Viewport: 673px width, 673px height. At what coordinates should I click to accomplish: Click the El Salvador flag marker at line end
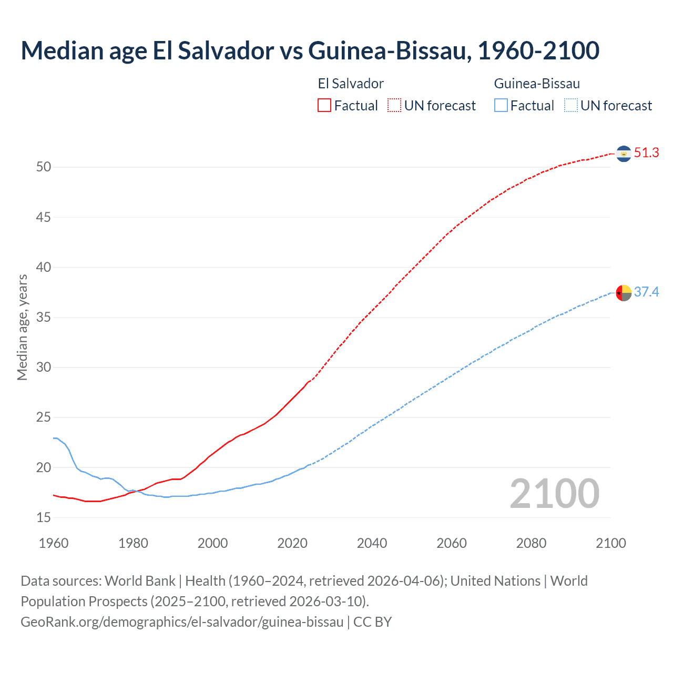(624, 154)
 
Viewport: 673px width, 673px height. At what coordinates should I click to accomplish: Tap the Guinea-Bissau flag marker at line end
(624, 292)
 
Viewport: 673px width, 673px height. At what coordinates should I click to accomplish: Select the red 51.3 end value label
(646, 153)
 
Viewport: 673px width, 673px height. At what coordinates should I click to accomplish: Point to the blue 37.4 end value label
(646, 292)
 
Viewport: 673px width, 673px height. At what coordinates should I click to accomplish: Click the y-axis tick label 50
(44, 167)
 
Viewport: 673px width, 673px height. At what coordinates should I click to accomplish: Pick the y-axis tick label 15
(44, 518)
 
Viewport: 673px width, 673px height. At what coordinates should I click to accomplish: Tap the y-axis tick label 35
(44, 318)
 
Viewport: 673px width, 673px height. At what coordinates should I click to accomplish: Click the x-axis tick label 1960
(54, 543)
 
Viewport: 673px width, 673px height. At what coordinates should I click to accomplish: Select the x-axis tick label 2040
(372, 543)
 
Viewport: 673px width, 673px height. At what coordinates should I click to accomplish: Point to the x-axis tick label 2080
(531, 543)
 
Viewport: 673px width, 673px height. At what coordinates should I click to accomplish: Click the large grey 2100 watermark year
(554, 494)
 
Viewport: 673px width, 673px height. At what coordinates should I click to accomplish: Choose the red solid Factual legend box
(324, 105)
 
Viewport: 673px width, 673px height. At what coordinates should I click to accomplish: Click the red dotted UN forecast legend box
(394, 105)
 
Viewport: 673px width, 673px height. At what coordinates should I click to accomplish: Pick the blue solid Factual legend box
(501, 105)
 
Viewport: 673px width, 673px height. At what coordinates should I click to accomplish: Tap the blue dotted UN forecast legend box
(571, 105)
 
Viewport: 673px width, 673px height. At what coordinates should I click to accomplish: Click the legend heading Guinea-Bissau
(537, 84)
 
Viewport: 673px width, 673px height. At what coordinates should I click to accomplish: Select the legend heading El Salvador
(351, 84)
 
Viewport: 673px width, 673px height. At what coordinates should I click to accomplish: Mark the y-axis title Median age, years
(22, 327)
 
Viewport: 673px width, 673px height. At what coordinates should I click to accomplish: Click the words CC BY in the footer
(372, 622)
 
